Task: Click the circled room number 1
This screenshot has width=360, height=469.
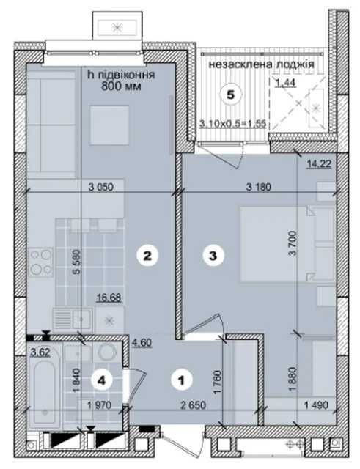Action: tap(181, 380)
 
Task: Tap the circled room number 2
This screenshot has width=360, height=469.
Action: tap(147, 256)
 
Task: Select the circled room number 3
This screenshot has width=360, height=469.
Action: tap(213, 256)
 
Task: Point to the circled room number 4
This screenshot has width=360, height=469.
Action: tap(102, 381)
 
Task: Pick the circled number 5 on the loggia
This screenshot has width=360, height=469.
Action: tap(231, 95)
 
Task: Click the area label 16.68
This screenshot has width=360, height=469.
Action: tap(109, 298)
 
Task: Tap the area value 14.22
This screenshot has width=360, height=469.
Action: tap(319, 164)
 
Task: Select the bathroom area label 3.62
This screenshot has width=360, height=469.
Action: tap(40, 352)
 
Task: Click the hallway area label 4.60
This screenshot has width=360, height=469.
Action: tap(142, 342)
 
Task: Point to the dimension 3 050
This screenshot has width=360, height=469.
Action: tap(101, 187)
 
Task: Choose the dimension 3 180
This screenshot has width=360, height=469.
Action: tap(259, 187)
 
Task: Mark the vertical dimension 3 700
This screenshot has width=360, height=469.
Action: tap(293, 243)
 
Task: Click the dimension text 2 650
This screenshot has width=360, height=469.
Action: tap(194, 405)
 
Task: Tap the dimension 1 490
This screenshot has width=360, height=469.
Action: tap(316, 405)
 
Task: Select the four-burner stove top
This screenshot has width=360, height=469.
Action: tap(41, 262)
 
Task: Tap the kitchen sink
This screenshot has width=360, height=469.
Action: tap(73, 319)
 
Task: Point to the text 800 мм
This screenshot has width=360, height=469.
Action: tap(121, 86)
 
